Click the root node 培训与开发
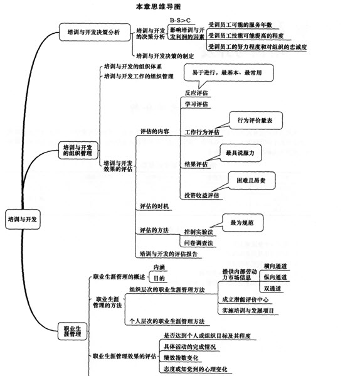(23, 219)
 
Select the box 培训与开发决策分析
(95, 32)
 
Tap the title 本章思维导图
(158, 6)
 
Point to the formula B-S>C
(180, 20)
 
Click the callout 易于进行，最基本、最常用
(228, 73)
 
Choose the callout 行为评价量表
(256, 121)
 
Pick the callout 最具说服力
(240, 153)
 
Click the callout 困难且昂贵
(251, 181)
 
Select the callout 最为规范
(243, 223)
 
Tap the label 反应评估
(196, 93)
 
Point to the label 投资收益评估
(202, 195)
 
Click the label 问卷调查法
(199, 243)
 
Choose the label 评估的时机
(154, 207)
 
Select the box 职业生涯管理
(72, 331)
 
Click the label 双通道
(272, 289)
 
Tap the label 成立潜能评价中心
(245, 299)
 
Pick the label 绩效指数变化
(181, 358)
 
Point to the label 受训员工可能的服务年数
(240, 24)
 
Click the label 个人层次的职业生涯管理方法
(167, 321)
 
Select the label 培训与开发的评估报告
(169, 254)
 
